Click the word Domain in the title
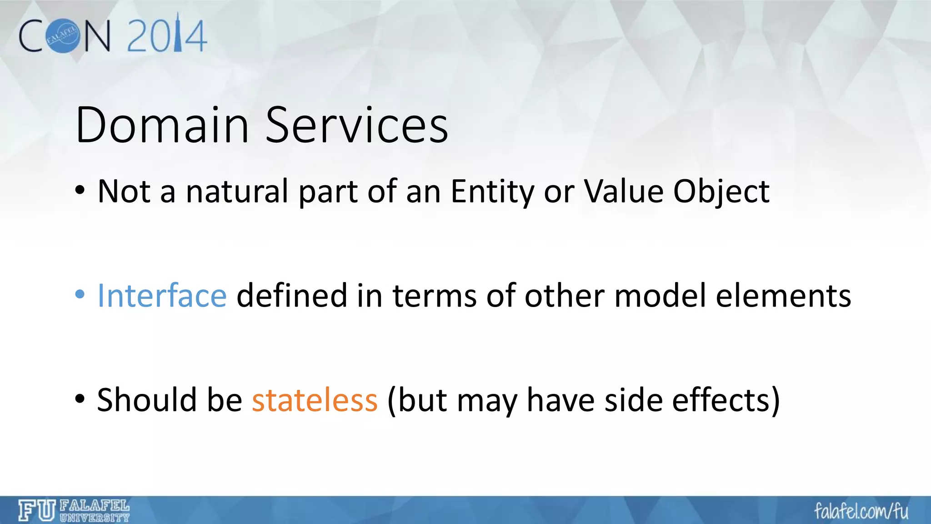point(162,125)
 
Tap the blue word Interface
point(162,296)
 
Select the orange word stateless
point(315,400)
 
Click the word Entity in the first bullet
point(492,191)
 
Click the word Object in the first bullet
point(721,191)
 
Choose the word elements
point(783,296)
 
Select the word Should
point(146,400)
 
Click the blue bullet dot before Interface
point(80,295)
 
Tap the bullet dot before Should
point(80,399)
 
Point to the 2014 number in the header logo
point(167,35)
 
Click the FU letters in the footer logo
point(37,510)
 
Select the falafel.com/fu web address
point(861,511)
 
